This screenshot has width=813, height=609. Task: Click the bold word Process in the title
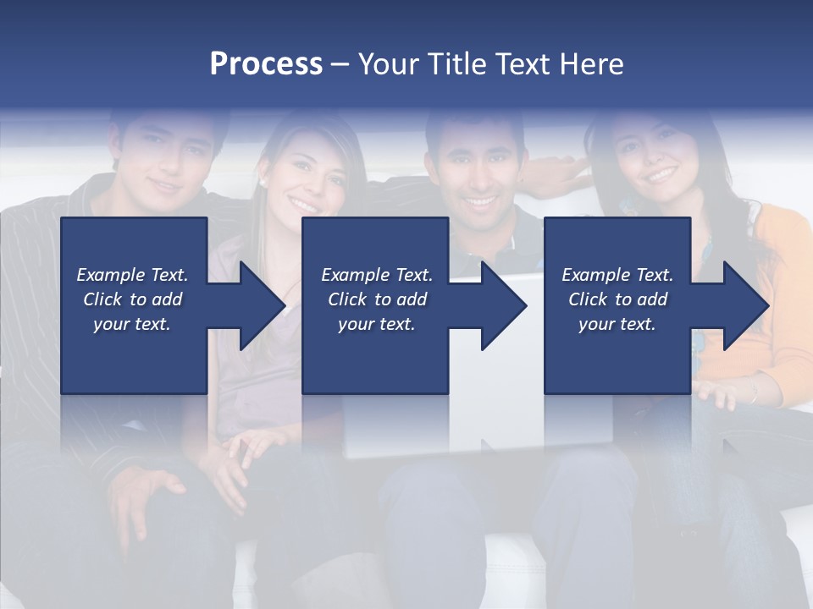tap(266, 64)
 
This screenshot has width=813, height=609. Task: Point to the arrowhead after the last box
tap(744, 305)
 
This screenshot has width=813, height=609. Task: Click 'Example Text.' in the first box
tap(132, 275)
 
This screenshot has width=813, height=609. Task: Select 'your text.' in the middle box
tap(376, 324)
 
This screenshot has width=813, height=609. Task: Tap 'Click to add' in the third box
tap(617, 299)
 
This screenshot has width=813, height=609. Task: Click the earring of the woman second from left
tap(263, 182)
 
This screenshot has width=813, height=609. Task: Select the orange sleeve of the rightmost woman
tap(783, 279)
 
